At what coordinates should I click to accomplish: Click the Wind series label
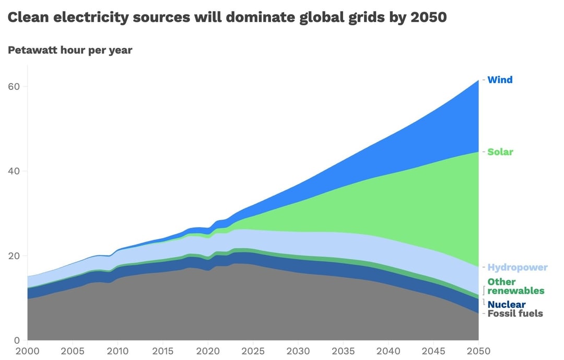(500, 80)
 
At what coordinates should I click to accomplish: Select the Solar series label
(500, 152)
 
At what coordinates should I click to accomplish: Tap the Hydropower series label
(517, 268)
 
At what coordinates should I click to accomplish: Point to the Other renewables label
(515, 286)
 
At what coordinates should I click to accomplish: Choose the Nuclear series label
(506, 304)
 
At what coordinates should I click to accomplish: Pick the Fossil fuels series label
(515, 313)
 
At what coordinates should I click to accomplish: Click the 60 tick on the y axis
(14, 87)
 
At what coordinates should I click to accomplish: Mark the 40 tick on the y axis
(14, 171)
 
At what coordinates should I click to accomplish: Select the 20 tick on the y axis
(14, 256)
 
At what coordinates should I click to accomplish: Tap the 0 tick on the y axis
(17, 340)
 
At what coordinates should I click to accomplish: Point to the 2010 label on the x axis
(118, 351)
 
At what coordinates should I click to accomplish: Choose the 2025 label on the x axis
(253, 351)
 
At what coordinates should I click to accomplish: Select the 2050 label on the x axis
(478, 351)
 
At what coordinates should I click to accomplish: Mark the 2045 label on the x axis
(433, 351)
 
